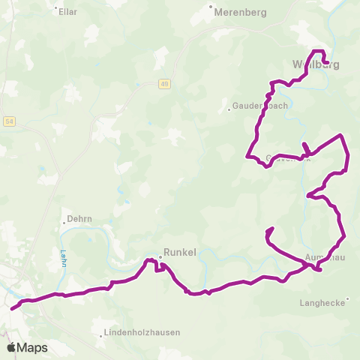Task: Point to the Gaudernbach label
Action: click(261, 106)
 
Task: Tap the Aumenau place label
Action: click(325, 256)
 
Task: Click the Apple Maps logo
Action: click(26, 347)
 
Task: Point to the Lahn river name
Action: click(55, 256)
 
